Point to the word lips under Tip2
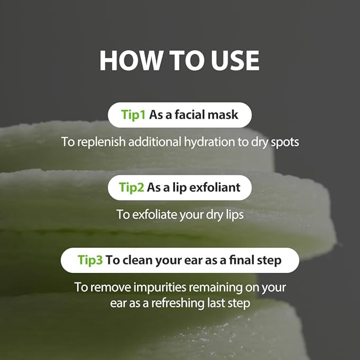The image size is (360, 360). (232, 214)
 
